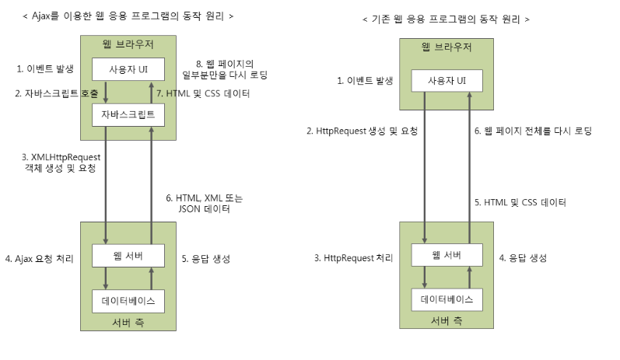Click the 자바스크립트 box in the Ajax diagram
tap(128, 115)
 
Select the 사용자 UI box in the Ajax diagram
tap(128, 68)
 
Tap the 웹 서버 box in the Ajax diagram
tap(128, 255)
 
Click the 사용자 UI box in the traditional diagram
tap(448, 81)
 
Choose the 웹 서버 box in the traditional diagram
tap(447, 255)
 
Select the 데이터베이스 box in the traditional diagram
tap(447, 299)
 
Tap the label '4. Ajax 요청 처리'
tap(38, 258)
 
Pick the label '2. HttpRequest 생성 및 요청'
tap(363, 131)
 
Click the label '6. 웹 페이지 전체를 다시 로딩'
tap(533, 131)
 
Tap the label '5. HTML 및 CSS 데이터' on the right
tap(520, 202)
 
